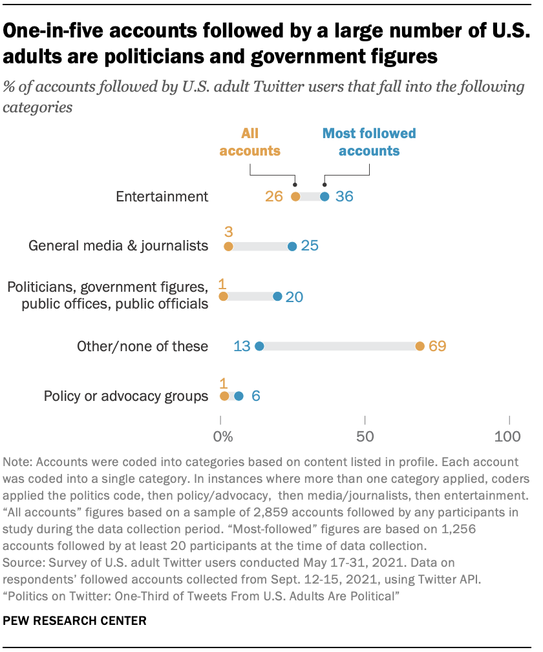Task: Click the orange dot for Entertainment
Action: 295,197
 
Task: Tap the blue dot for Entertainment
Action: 325,197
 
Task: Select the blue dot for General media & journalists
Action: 292,246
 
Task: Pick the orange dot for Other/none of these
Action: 420,347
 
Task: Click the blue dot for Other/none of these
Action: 259,347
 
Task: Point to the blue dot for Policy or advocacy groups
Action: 239,396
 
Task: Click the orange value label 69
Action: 438,347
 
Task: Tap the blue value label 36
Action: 344,197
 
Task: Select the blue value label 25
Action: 311,246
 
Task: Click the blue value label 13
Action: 242,347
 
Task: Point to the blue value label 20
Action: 294,297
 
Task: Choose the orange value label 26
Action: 274,197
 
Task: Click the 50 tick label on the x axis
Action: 365,437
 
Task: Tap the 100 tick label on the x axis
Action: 507,437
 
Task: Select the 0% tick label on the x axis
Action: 223,437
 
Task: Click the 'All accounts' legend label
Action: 250,143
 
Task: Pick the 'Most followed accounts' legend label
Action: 369,143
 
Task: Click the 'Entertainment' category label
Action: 162,197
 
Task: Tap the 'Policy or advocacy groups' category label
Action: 126,396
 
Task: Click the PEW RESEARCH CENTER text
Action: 75,621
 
